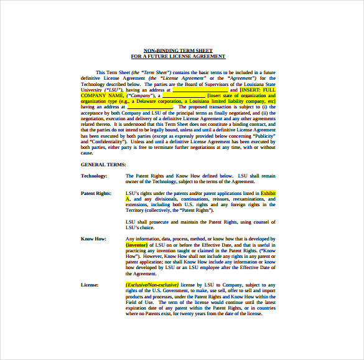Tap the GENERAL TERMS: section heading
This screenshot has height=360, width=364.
point(103,164)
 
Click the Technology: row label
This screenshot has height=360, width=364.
point(94,176)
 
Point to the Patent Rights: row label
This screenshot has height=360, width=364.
point(96,193)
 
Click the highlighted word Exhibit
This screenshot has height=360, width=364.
point(268,193)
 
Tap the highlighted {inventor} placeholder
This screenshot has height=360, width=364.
point(141,245)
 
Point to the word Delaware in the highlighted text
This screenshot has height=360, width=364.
point(161,101)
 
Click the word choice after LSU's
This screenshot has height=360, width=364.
point(147,227)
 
